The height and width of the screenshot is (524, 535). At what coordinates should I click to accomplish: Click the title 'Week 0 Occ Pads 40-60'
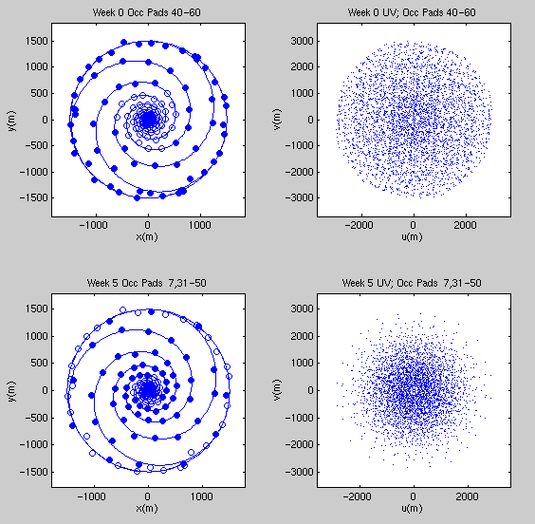(146, 12)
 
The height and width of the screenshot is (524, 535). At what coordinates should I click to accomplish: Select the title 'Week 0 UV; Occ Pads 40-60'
(412, 12)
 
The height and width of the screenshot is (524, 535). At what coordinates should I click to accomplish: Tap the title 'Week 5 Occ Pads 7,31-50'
(146, 283)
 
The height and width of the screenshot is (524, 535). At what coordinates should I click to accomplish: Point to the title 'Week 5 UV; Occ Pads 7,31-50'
(412, 283)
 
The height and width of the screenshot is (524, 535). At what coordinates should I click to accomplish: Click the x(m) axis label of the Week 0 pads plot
(147, 236)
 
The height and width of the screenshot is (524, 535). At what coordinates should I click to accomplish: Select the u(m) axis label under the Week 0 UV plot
(412, 236)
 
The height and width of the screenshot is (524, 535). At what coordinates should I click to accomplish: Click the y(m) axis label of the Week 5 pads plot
(11, 390)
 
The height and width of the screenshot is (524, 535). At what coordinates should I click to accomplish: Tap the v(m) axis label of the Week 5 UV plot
(277, 390)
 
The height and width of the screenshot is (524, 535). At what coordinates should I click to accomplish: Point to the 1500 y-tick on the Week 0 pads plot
(36, 41)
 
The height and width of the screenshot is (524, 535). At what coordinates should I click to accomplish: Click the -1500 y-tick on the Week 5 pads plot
(33, 472)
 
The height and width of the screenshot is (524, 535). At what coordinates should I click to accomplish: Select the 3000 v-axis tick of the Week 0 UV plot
(302, 41)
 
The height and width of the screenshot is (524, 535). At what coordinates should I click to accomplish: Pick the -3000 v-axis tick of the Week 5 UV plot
(299, 472)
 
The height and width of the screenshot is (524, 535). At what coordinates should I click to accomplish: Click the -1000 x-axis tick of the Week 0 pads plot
(93, 225)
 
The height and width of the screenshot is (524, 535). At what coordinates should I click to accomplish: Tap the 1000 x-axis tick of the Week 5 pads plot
(202, 496)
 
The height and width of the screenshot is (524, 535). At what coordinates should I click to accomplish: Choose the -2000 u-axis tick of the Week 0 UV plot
(359, 225)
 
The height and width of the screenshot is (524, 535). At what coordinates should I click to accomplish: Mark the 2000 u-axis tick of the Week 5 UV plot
(467, 496)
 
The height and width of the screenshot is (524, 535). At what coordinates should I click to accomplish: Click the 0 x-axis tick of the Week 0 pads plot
(147, 225)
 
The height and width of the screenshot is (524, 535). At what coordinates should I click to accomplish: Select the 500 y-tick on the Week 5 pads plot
(39, 363)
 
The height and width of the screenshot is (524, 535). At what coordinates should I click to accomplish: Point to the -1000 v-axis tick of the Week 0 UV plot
(299, 145)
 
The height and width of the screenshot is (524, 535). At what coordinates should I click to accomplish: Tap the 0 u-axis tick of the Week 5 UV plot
(413, 496)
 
